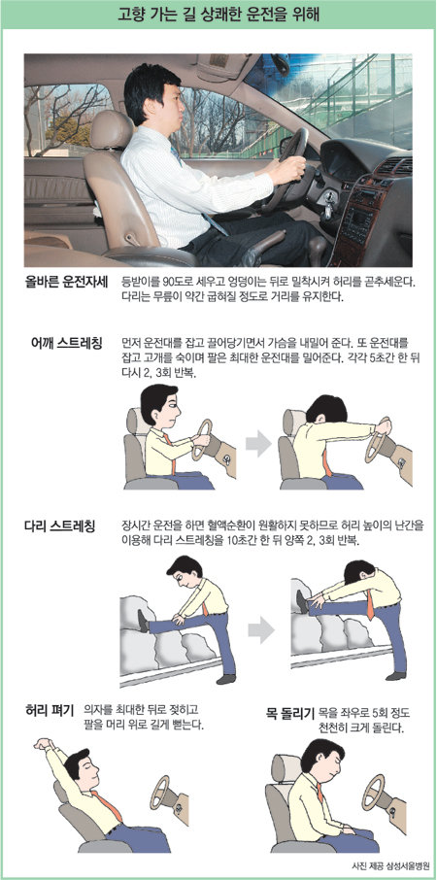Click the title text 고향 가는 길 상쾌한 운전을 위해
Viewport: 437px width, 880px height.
[x=218, y=15]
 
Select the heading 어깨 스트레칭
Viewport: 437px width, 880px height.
[x=67, y=342]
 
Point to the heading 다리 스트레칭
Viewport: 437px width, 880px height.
[x=59, y=526]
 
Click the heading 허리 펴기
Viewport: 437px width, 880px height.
[x=50, y=711]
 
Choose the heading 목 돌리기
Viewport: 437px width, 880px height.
[x=290, y=715]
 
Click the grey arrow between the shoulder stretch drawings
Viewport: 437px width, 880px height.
[x=257, y=444]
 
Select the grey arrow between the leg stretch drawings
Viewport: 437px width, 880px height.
[x=261, y=630]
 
